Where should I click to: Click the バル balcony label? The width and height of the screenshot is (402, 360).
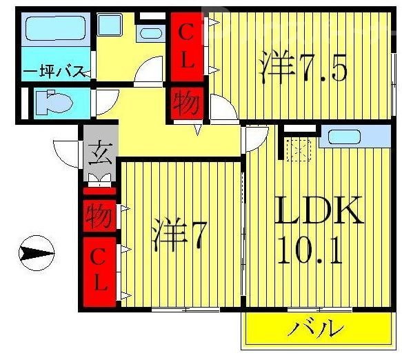pos(316,328)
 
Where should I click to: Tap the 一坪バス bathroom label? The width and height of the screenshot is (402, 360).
pos(54,72)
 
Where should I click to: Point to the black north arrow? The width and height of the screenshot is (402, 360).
pos(36,254)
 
